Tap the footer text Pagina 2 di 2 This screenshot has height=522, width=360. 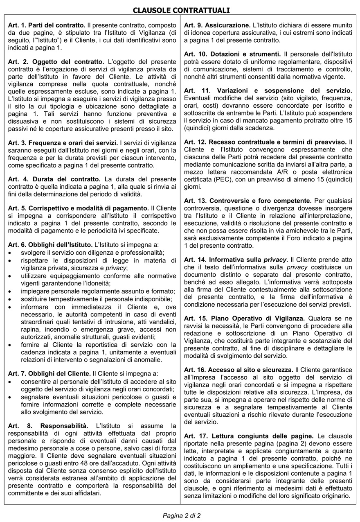182,515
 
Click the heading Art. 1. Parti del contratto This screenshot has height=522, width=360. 47,25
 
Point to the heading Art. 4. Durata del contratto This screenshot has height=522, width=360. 54,179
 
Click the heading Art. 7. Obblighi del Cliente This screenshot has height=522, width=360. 49,373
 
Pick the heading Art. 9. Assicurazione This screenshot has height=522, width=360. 217,25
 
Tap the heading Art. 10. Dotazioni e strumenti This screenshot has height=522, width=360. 232,54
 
